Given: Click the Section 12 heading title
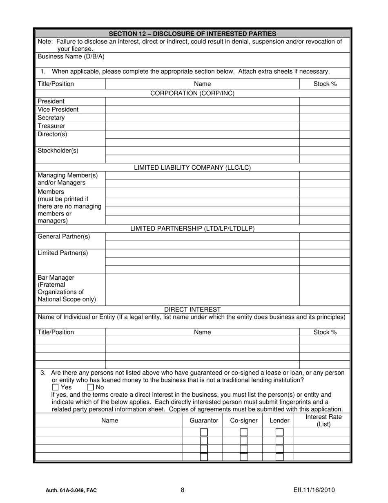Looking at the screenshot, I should [x=192, y=34].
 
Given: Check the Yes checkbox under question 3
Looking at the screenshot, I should [x=56, y=387].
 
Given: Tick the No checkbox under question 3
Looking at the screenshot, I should [x=91, y=387].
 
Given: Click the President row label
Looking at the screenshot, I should [x=51, y=101].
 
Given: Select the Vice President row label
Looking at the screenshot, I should [x=58, y=110].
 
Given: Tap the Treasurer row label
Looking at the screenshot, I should [x=51, y=126].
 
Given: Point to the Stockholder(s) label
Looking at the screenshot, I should [x=58, y=150].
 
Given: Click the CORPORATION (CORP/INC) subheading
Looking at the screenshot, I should [x=192, y=93].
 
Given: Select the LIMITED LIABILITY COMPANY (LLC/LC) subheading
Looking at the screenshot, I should [x=192, y=168].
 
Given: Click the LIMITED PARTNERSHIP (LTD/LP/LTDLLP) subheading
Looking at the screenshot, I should [x=192, y=229].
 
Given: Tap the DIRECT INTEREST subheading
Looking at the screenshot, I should [x=192, y=310].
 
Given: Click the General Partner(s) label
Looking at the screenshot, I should [x=64, y=237].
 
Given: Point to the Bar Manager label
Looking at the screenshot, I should [x=56, y=278].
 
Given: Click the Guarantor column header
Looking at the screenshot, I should [x=204, y=420].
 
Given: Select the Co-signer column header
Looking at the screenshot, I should [x=244, y=420].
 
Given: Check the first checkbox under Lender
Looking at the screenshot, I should [x=280, y=432].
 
